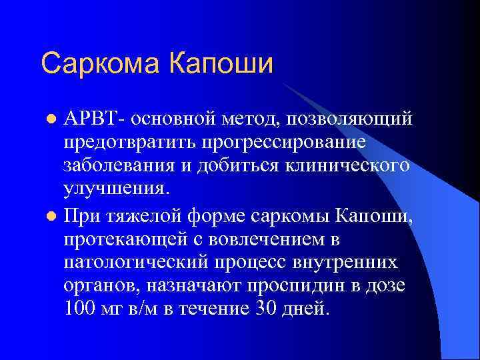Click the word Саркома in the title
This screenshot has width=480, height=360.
pyautogui.click(x=99, y=64)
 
